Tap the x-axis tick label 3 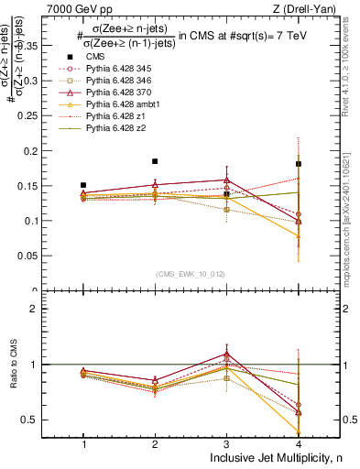point(226,443)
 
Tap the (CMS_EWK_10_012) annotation point(191,274)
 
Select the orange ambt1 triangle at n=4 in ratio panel point(299,431)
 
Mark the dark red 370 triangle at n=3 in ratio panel point(227,354)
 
